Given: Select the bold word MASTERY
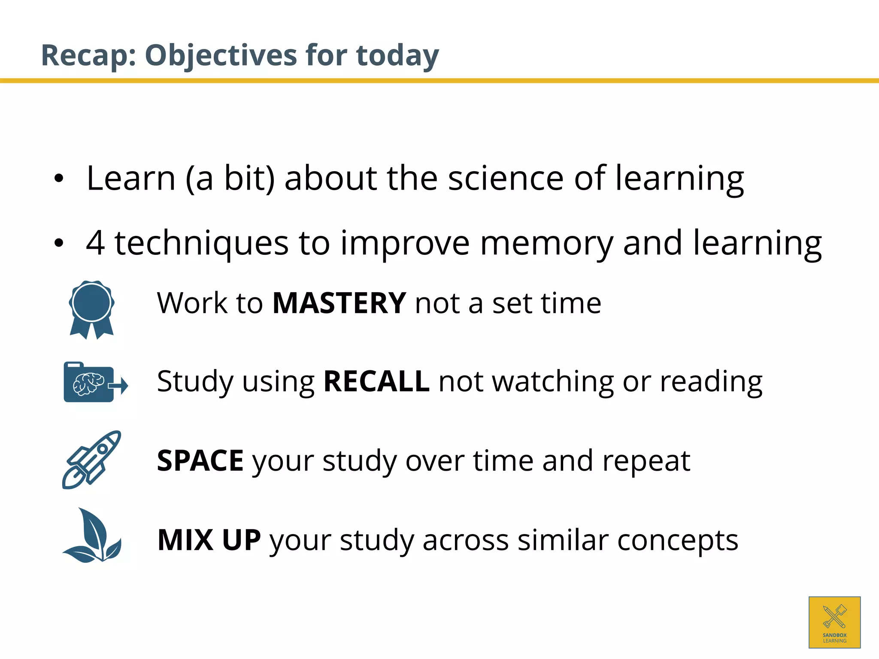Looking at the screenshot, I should tap(339, 303).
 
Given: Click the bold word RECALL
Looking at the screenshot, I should tap(376, 381).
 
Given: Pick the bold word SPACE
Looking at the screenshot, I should tap(200, 461).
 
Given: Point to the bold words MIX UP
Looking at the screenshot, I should tap(209, 540).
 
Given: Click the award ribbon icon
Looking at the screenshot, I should tap(91, 309).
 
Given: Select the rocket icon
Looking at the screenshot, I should tap(91, 459).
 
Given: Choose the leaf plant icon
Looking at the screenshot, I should tap(92, 536).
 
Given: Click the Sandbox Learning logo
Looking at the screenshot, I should tap(834, 622).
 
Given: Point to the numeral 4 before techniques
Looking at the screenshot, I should tap(95, 243).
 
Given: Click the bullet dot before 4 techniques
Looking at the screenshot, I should tap(59, 243).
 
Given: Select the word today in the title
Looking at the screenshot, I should tap(397, 56).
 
